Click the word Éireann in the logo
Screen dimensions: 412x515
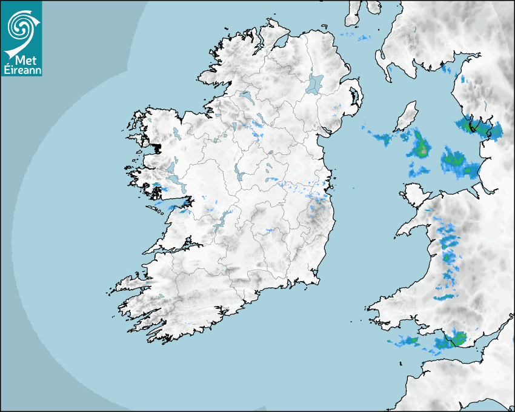(x=22, y=70)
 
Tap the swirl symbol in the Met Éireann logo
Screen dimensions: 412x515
(x=21, y=27)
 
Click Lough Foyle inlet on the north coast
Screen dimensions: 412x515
(x=280, y=43)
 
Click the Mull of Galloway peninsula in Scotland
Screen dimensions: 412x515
(x=383, y=61)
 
